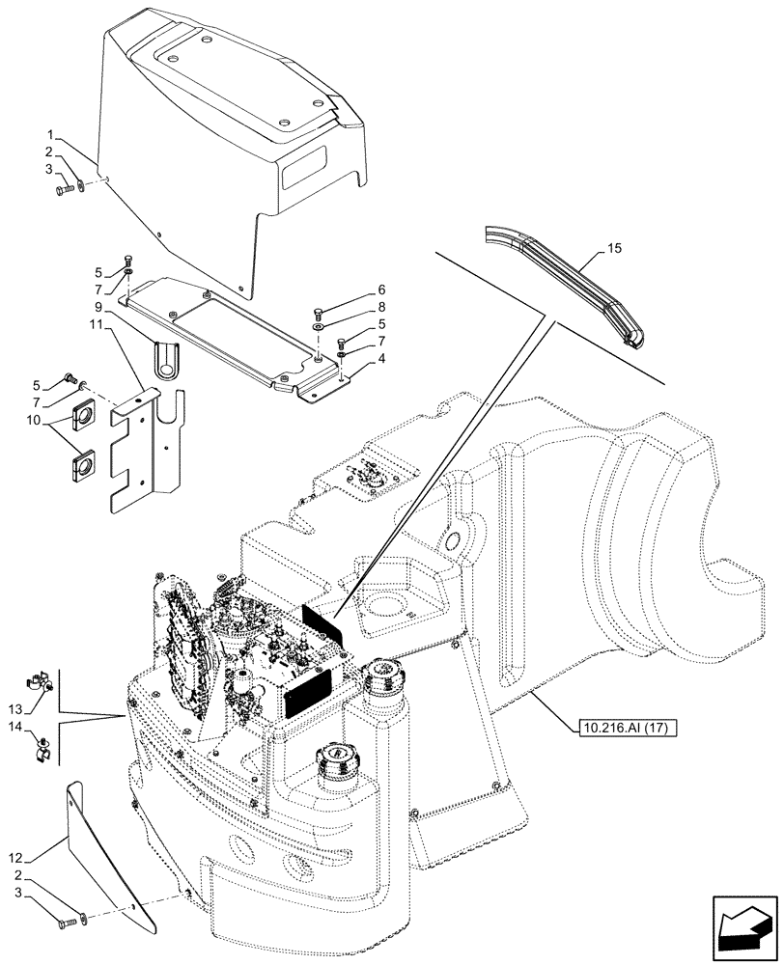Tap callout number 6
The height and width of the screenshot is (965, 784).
coord(354,289)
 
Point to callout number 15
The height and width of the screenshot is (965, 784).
coord(615,250)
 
